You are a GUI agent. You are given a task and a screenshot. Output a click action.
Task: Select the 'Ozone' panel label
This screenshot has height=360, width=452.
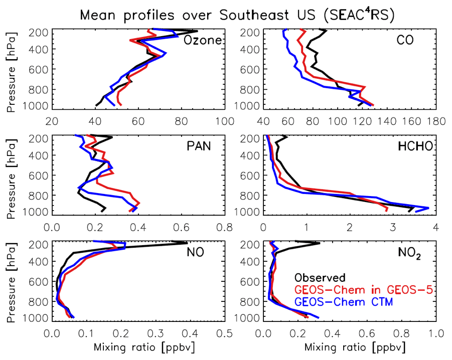(x=203, y=40)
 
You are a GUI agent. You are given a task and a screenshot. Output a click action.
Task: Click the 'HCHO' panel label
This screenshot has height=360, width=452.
(x=414, y=146)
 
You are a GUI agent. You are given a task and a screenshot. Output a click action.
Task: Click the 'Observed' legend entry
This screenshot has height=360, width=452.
(x=320, y=277)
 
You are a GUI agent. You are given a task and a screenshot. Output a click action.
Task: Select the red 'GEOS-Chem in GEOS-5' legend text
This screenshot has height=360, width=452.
(x=363, y=290)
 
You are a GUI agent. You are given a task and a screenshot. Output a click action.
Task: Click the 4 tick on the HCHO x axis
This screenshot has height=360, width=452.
(x=435, y=227)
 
